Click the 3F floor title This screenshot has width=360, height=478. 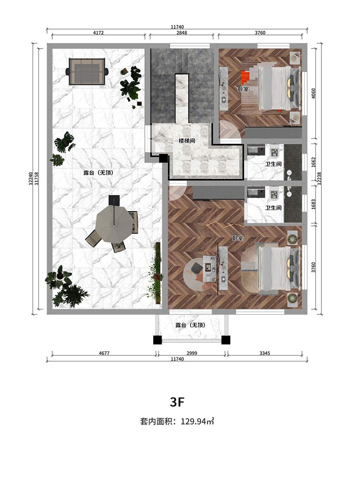tap(178, 402)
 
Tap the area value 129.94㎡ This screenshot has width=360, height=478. tap(197, 421)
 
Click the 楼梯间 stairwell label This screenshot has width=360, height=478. tap(187, 141)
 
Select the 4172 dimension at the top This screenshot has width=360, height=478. tap(98, 33)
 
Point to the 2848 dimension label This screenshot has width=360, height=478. tap(181, 33)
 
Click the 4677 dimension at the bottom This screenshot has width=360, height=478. tap(104, 353)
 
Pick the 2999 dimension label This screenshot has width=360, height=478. tap(192, 353)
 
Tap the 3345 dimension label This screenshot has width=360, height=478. tap(264, 353)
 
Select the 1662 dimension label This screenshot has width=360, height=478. tap(314, 163)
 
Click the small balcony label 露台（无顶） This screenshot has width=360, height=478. tap(190, 325)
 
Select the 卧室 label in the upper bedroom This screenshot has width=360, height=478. tap(243, 89)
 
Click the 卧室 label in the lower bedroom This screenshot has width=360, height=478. tap(238, 239)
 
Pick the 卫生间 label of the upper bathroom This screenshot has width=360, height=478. tap(273, 164)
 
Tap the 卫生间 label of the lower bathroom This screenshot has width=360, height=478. tap(273, 208)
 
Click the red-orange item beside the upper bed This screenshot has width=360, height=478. tap(245, 77)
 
